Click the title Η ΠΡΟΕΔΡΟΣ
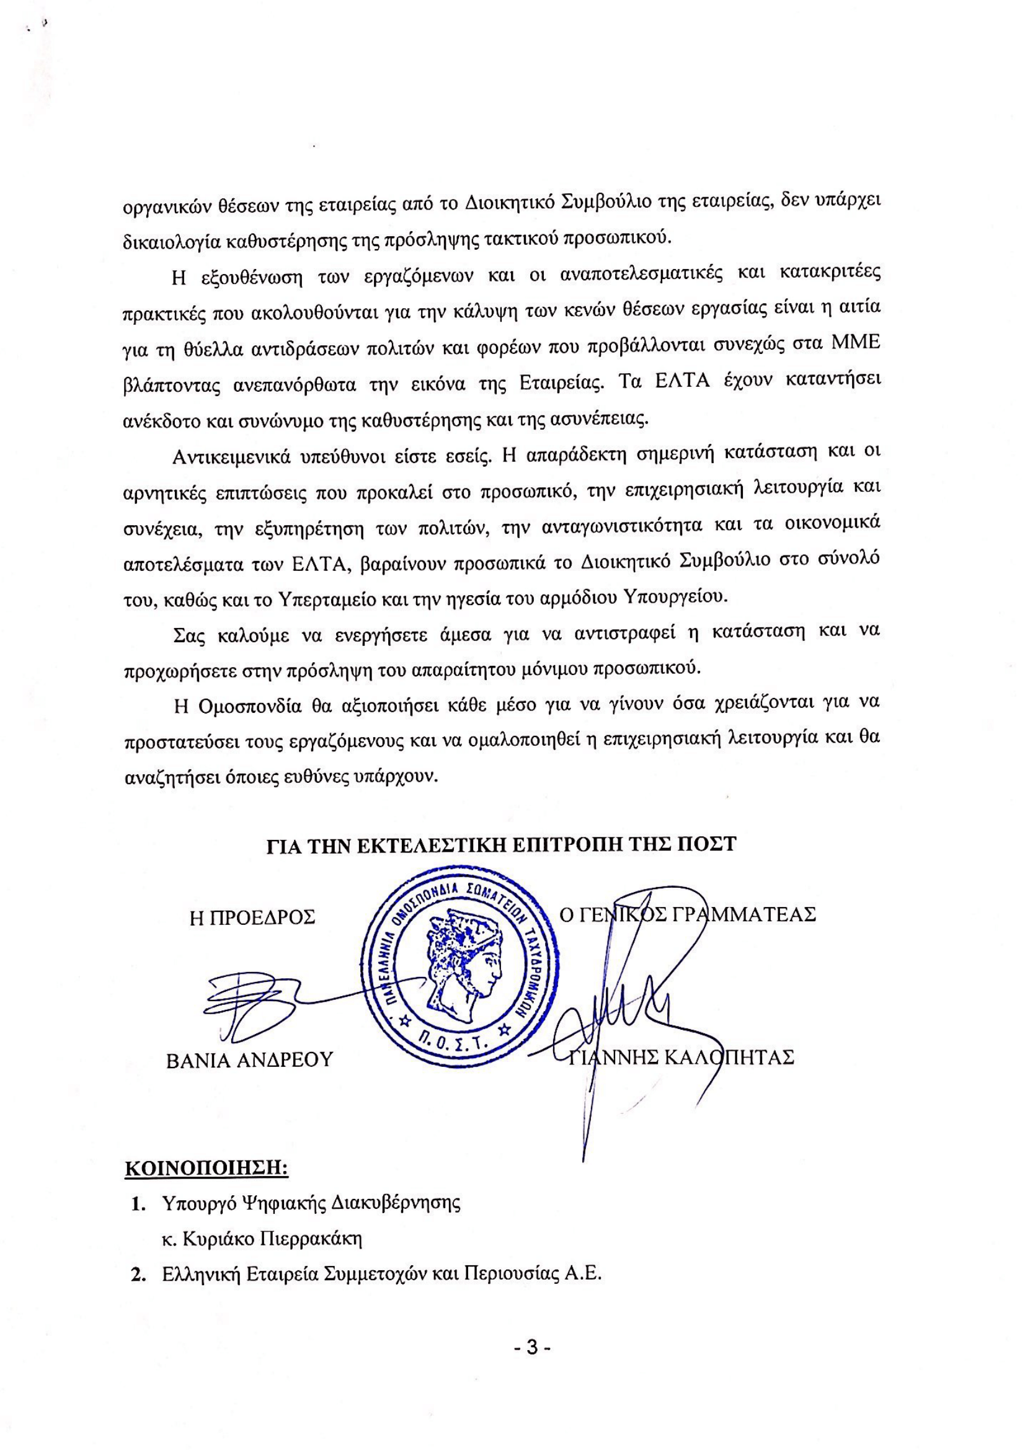[x=252, y=917]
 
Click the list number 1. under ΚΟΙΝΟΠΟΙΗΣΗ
[x=138, y=1203]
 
